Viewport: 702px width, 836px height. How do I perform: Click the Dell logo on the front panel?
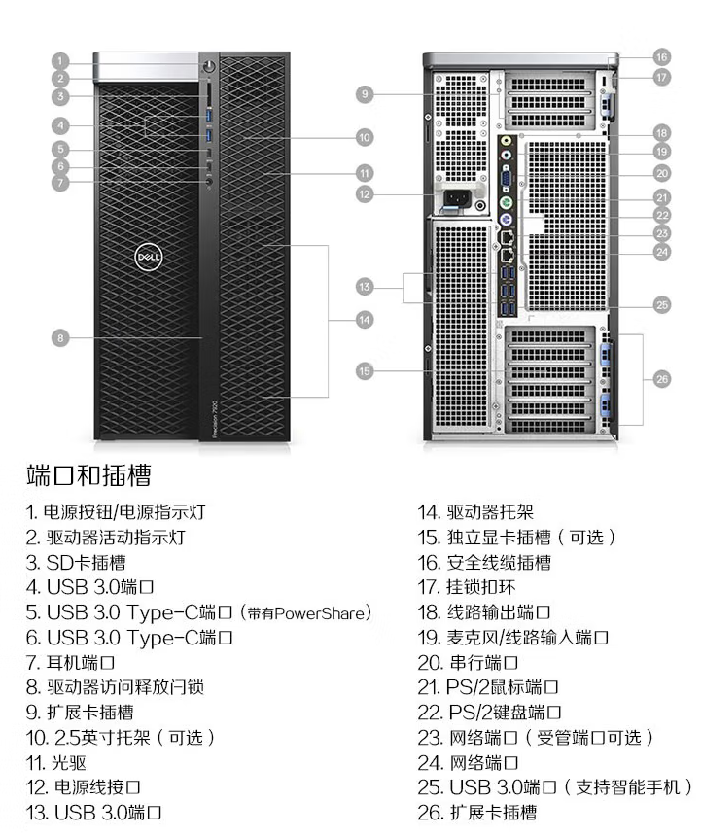[148, 257]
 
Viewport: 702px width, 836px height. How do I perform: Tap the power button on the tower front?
[209, 65]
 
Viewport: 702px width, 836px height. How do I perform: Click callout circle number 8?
[60, 338]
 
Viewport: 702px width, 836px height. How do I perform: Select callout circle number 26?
[662, 379]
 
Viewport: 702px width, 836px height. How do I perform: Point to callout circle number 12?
[365, 194]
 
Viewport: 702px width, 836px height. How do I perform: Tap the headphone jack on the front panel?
[209, 182]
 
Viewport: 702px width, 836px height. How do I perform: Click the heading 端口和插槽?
[88, 475]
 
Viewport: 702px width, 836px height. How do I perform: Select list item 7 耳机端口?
[70, 663]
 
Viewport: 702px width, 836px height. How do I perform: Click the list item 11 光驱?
[56, 763]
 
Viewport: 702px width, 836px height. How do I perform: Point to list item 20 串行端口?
[468, 663]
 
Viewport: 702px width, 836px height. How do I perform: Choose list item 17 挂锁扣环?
[467, 587]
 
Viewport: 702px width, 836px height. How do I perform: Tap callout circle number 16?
[661, 57]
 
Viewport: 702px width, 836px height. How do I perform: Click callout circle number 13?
[365, 287]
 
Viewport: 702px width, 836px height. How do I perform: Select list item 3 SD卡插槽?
[76, 563]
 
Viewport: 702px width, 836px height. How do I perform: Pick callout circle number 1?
[60, 61]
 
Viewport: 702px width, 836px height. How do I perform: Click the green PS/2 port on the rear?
[507, 202]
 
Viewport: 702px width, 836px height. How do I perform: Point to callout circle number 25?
[662, 305]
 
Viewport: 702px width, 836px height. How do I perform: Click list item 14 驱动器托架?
[475, 512]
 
